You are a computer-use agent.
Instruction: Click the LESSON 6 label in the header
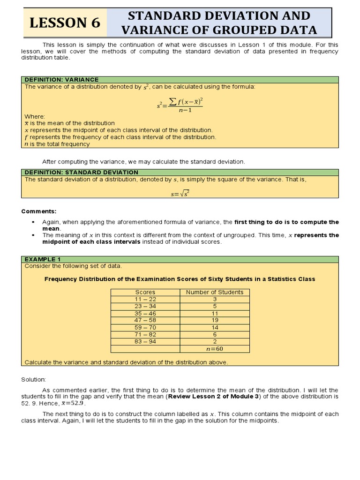click(x=65, y=23)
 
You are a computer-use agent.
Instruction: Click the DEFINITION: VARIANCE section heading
click(x=61, y=80)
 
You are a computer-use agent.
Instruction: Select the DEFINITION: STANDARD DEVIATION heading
click(x=81, y=172)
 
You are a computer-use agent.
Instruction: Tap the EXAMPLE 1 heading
click(x=43, y=259)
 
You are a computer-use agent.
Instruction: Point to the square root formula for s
click(x=180, y=194)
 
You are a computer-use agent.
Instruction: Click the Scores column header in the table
click(x=145, y=292)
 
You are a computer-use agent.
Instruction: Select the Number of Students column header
click(x=215, y=292)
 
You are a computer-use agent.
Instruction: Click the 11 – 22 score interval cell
click(x=145, y=299)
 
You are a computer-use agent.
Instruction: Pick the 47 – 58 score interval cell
click(x=145, y=320)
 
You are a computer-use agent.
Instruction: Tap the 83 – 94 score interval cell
click(x=145, y=341)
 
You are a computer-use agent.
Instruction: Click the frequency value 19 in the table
click(x=215, y=320)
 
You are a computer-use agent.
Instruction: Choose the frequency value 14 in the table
click(x=215, y=327)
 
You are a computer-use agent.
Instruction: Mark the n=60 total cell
click(x=215, y=349)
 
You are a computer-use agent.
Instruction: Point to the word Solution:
click(x=34, y=379)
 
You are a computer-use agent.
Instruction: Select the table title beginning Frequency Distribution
click(x=180, y=279)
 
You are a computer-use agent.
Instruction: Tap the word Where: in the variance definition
click(x=35, y=116)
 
